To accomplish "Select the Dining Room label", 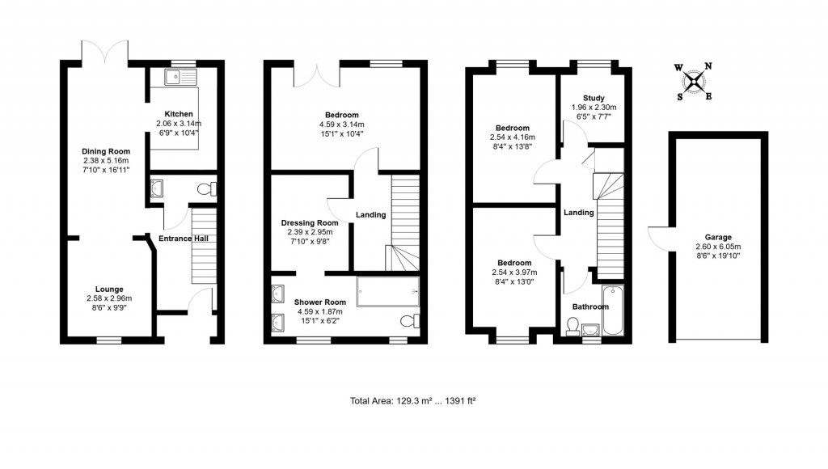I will (x=106, y=150).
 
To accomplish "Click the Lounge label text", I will (x=108, y=289).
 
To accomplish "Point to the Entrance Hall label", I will (x=184, y=238).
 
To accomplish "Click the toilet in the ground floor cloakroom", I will (x=208, y=189).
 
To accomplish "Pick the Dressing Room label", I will (x=309, y=223).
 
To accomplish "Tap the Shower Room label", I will (x=320, y=302).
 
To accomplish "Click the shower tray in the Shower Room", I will (x=388, y=292).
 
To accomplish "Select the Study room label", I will (x=594, y=97).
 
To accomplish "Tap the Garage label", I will (x=717, y=238).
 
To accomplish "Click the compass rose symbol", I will (x=693, y=81).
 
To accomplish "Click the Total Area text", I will (x=417, y=400).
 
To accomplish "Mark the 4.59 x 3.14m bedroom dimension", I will (x=342, y=125).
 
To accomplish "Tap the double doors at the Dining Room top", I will (x=106, y=52).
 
